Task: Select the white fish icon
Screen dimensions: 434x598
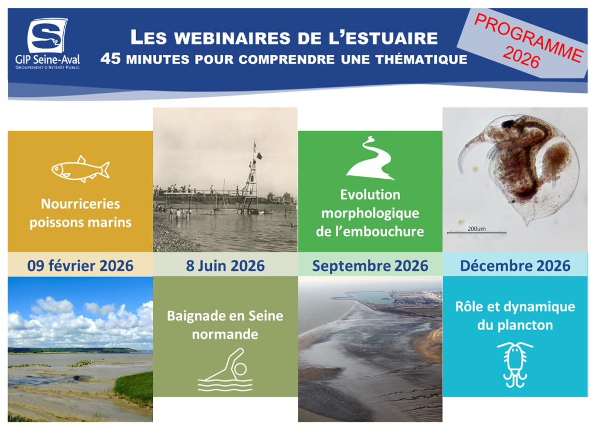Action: [80, 169]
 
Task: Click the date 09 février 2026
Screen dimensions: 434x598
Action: [80, 266]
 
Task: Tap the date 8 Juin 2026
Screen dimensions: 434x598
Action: [225, 266]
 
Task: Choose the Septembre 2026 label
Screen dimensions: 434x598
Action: [370, 266]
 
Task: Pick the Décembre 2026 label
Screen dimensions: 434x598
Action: [514, 266]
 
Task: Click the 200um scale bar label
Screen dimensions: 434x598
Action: [477, 228]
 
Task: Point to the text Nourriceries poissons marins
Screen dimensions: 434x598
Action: [80, 213]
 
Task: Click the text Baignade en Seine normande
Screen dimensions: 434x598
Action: [225, 325]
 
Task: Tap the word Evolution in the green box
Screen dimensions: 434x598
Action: [370, 195]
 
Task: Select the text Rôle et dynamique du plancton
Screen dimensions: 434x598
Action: [514, 315]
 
